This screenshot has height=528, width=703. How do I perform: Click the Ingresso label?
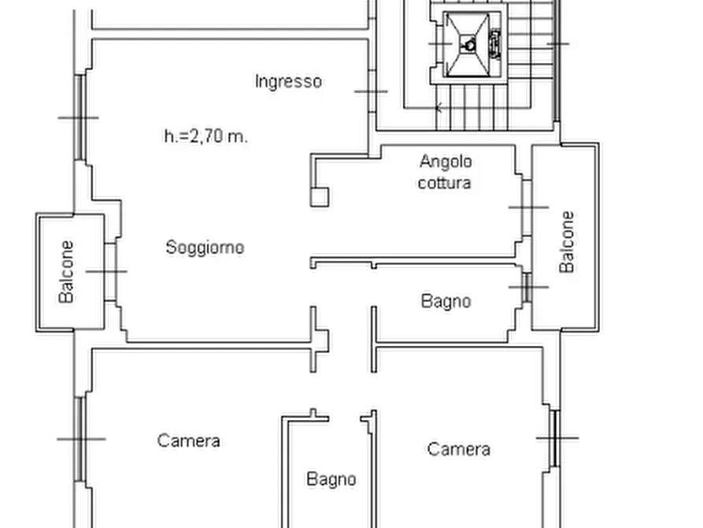pyautogui.click(x=288, y=81)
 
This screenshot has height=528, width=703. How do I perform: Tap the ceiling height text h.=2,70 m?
pyautogui.click(x=205, y=136)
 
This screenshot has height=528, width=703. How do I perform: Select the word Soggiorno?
pyautogui.click(x=205, y=247)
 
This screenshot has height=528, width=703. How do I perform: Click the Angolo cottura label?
pyautogui.click(x=446, y=172)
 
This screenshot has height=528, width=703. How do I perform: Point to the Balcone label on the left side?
pyautogui.click(x=68, y=272)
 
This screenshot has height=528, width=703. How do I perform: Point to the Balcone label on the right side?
pyautogui.click(x=567, y=242)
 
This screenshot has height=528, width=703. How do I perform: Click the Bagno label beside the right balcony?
pyautogui.click(x=446, y=301)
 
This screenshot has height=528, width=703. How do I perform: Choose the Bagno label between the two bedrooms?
pyautogui.click(x=331, y=478)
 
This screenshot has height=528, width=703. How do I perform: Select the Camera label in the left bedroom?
pyautogui.click(x=188, y=441)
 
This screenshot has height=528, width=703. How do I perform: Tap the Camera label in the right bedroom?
pyautogui.click(x=459, y=449)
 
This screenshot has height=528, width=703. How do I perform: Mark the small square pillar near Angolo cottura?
pyautogui.click(x=320, y=195)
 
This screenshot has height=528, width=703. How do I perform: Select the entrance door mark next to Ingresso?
pyautogui.click(x=370, y=91)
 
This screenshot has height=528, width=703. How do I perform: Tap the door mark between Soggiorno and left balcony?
pyautogui.click(x=107, y=272)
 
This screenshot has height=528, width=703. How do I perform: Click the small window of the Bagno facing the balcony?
pyautogui.click(x=527, y=287)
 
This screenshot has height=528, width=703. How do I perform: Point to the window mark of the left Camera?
pyautogui.click(x=80, y=439)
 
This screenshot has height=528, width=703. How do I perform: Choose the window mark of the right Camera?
pyautogui.click(x=556, y=437)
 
